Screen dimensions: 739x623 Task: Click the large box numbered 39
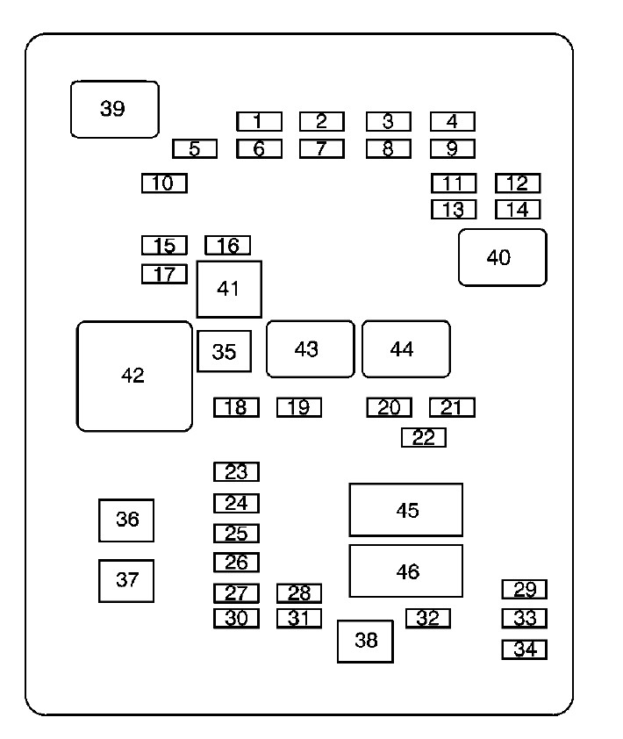[x=114, y=110]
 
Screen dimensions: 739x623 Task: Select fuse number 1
[x=259, y=121]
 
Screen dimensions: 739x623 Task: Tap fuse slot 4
[x=452, y=121]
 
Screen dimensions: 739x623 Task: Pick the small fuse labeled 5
[x=195, y=148]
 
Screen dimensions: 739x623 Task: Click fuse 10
[x=164, y=183]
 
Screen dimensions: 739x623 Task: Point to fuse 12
[x=518, y=183]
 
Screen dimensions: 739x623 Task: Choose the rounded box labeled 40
[x=502, y=257]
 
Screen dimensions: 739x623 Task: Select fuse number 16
[x=227, y=245]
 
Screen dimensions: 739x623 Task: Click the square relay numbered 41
[x=229, y=288]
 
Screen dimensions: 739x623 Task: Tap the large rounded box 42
[x=134, y=376]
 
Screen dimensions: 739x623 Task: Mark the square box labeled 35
[x=224, y=351]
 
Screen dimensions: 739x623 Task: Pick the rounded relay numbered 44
[x=405, y=348]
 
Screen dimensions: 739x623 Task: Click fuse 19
[x=299, y=407]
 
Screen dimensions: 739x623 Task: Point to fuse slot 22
[x=424, y=437]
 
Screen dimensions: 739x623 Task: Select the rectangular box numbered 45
[x=405, y=510]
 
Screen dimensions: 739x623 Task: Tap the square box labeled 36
[x=126, y=520]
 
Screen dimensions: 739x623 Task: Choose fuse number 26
[x=236, y=562]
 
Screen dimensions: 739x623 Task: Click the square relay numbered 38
[x=365, y=641]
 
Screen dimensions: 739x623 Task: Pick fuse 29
[x=524, y=589]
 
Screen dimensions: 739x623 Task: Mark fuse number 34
[x=524, y=649]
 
